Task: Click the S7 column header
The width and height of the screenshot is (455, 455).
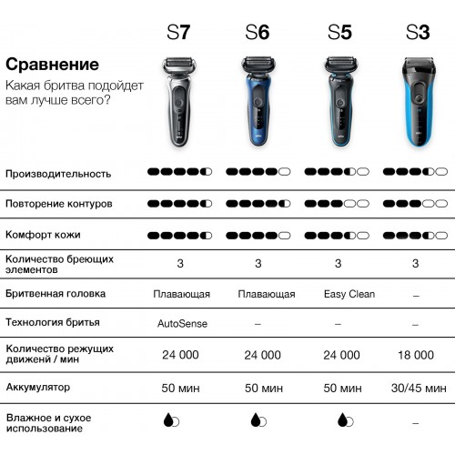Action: [178, 32]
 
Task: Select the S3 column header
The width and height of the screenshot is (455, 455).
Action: [418, 32]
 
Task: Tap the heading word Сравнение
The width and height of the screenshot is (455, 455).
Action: [52, 65]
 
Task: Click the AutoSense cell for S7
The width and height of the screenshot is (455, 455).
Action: [182, 324]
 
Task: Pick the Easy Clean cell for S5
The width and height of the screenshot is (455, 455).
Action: [349, 294]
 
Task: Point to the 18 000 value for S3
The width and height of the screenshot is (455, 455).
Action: [416, 355]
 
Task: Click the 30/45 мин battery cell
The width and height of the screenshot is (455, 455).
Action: [419, 388]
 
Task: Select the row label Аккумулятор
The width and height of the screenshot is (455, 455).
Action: [38, 388]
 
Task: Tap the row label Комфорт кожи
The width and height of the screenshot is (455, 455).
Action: [43, 235]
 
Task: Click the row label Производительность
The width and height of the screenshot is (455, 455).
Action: [58, 174]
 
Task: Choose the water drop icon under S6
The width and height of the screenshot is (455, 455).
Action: [258, 420]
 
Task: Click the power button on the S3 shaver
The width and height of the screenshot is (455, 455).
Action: [419, 98]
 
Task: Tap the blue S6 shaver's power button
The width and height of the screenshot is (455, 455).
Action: [258, 101]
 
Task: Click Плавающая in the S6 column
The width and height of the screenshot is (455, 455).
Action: [267, 294]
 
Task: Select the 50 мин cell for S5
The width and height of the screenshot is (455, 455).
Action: [342, 388]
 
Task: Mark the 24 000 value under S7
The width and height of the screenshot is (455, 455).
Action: [180, 355]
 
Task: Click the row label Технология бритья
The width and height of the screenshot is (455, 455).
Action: [53, 322]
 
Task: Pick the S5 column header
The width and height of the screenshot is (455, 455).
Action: [339, 32]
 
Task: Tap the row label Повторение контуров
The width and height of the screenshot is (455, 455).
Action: [59, 204]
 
